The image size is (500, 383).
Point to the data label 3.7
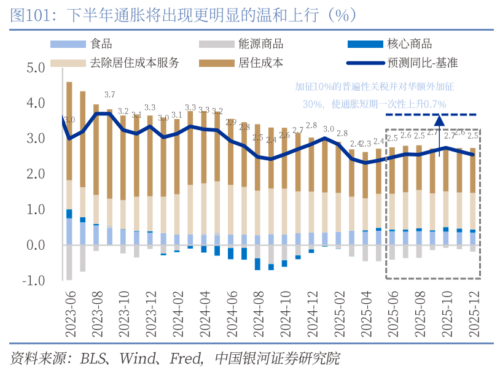109,95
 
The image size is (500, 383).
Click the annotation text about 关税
374,95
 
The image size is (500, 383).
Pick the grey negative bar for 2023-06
69,263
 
